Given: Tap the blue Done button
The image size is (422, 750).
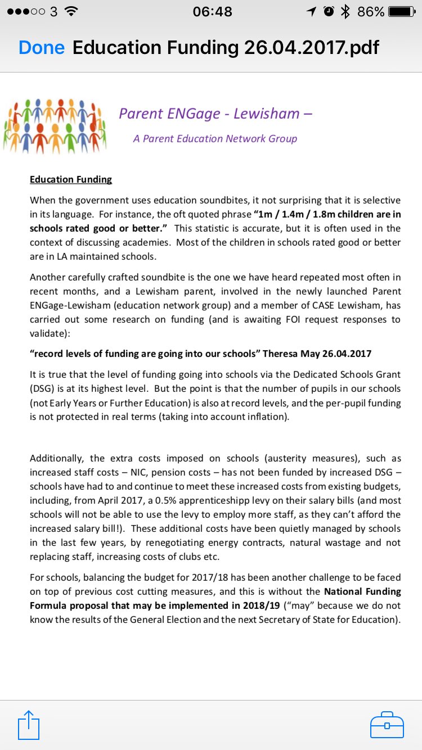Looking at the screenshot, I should (x=41, y=48).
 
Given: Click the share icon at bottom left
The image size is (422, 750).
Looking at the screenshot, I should (x=29, y=724).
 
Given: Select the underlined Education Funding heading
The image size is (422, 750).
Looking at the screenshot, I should (x=71, y=179).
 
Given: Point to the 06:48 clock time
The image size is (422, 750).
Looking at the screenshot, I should (x=212, y=12).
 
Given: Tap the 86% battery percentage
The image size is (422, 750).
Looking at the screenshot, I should (x=371, y=12).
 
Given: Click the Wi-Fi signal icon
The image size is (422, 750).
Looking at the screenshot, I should (x=71, y=12).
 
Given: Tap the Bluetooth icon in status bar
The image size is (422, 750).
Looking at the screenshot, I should (x=345, y=12).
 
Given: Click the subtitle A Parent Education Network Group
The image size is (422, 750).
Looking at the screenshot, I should (x=215, y=139).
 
